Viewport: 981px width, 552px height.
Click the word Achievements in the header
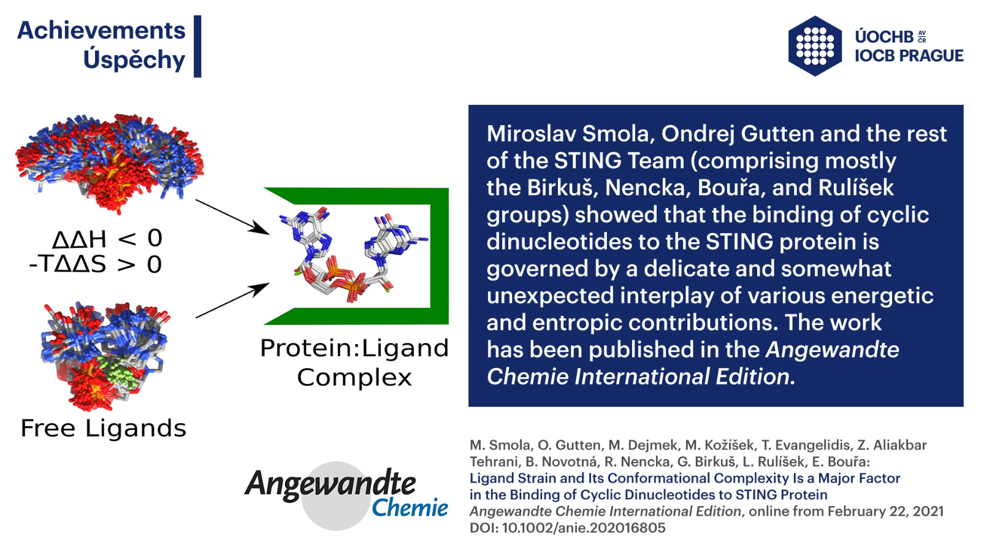[x=101, y=31]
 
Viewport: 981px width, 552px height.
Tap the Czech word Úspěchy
[x=134, y=59]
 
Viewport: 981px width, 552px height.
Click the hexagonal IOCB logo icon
[x=815, y=46]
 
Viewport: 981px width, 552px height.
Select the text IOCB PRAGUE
[x=909, y=56]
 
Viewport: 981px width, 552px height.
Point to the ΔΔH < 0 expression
[x=107, y=239]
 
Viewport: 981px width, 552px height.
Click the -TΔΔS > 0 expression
[x=96, y=264]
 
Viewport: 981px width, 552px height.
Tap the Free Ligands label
[x=104, y=428]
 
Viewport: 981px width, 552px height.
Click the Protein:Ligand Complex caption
[x=354, y=362]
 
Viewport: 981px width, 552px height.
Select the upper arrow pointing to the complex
[x=232, y=217]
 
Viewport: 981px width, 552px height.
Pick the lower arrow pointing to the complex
[x=232, y=301]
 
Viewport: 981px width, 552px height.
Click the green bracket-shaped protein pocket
[x=439, y=256]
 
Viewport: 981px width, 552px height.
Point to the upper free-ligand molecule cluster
[x=110, y=163]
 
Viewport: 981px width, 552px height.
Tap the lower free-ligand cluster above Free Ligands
[x=105, y=356]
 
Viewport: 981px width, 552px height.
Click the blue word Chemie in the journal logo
[x=410, y=508]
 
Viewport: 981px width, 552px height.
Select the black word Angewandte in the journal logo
[x=330, y=485]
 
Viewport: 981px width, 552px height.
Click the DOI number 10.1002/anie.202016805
[x=584, y=528]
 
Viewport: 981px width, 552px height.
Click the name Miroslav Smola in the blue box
[x=568, y=134]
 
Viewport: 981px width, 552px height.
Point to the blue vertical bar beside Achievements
[x=197, y=47]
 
